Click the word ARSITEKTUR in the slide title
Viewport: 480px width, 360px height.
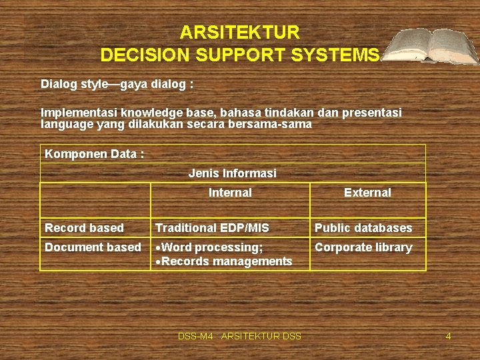click(240, 32)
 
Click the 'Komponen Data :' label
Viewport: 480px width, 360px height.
click(94, 154)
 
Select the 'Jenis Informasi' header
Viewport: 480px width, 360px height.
click(232, 173)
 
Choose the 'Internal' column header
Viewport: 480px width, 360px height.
click(230, 193)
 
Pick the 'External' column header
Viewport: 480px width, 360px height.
click(367, 193)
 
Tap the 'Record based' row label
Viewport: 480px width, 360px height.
click(84, 228)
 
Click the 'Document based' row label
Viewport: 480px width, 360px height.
click(93, 247)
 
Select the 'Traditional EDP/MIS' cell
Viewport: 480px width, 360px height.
click(212, 228)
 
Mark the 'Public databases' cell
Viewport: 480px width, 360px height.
click(363, 228)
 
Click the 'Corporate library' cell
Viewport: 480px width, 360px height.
click(363, 247)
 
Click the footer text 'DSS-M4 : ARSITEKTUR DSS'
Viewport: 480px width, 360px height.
click(239, 337)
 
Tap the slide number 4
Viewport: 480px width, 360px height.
click(448, 337)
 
